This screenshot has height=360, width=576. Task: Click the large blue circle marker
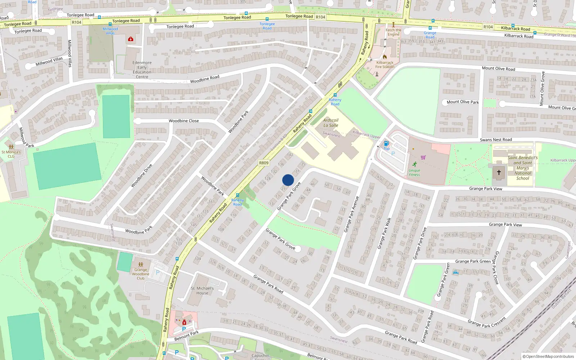click(x=288, y=180)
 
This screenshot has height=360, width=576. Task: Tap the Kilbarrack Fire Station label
click(x=385, y=65)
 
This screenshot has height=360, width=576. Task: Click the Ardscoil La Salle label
click(x=331, y=123)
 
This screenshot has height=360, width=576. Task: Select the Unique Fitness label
click(x=414, y=172)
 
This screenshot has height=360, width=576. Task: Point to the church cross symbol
click(x=499, y=172)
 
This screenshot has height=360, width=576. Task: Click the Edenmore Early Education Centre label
click(x=142, y=69)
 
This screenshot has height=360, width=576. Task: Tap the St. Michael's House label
click(x=202, y=291)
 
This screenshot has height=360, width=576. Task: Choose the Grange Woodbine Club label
click(x=141, y=274)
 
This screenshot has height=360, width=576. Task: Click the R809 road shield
click(x=264, y=163)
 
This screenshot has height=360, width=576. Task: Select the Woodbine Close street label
click(x=184, y=121)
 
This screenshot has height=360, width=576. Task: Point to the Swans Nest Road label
click(x=496, y=140)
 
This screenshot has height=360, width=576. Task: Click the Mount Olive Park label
click(x=463, y=102)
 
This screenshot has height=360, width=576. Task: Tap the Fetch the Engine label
click(x=393, y=32)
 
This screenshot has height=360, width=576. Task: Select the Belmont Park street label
click(x=186, y=336)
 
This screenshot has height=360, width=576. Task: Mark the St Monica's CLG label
click(x=11, y=154)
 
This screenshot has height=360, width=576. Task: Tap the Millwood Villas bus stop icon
click(x=110, y=24)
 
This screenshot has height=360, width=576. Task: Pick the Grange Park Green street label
click(x=473, y=261)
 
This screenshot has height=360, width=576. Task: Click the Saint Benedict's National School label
click(x=523, y=168)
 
